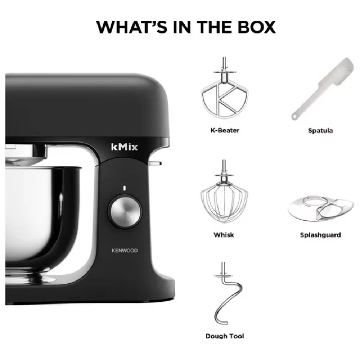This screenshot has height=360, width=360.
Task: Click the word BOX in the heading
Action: pos(256,27)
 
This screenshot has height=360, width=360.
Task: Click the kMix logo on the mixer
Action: pos(124,147)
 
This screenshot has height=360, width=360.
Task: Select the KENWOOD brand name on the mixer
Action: pos(125,251)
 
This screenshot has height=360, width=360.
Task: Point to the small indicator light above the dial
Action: pos(125,188)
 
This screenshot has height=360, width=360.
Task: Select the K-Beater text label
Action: pos(225,130)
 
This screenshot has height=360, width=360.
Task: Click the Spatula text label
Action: pos(320,131)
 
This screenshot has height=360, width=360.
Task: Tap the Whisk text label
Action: pos(224,235)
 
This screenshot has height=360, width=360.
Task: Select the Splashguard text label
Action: pos(320,235)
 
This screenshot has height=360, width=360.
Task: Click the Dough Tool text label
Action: pos(225,336)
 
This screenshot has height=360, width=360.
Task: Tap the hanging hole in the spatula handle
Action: pos(294,117)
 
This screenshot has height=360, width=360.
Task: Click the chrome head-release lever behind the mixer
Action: pos(155,163)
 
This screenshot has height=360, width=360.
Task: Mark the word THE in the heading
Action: pos(214,27)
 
